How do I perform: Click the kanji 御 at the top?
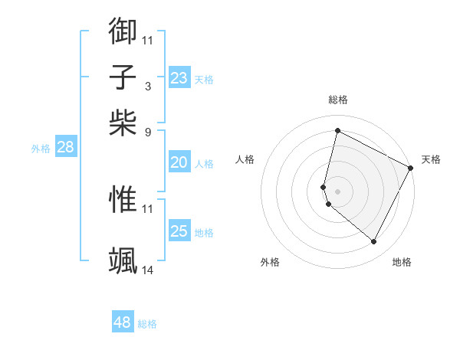[x=123, y=30]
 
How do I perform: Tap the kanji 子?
[x=123, y=77]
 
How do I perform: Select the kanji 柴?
[x=123, y=122]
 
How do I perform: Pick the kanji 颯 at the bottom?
[x=123, y=260]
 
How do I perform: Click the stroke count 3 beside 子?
[x=148, y=86]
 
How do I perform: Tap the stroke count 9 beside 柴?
[x=148, y=132]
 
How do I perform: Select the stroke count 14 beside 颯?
[x=148, y=270]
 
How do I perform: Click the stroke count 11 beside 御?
[x=148, y=40]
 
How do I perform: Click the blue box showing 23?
[x=179, y=78]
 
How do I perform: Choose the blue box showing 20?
[x=179, y=162]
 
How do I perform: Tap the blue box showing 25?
[x=179, y=231]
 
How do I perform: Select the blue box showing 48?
[x=122, y=322]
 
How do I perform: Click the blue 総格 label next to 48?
[x=147, y=324]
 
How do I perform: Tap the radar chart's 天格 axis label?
[x=431, y=159]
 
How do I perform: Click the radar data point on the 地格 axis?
[x=373, y=242]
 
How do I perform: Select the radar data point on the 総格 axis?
[x=337, y=131]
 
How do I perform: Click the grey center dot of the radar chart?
[x=337, y=191]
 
